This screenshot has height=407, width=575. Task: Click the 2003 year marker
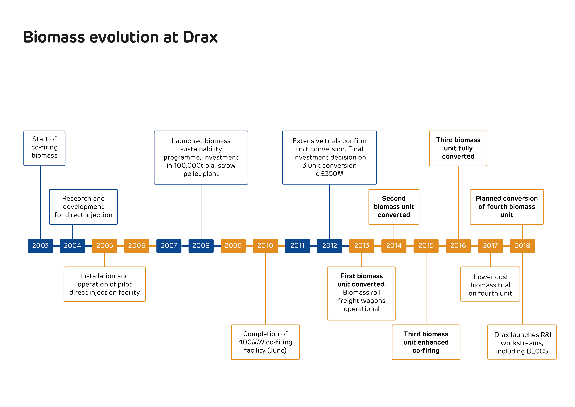point(40,246)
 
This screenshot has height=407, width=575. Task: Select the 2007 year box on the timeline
point(169,246)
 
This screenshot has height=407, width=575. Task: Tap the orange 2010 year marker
point(265,246)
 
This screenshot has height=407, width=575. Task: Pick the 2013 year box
point(362,246)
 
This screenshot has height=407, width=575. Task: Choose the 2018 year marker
point(522,246)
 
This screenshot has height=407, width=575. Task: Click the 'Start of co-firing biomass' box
point(44,148)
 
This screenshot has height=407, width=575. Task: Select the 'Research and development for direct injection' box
point(83,207)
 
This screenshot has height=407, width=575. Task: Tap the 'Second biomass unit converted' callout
point(394,207)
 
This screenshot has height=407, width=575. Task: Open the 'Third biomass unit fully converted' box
point(458,148)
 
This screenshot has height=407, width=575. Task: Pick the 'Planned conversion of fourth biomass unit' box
point(507,207)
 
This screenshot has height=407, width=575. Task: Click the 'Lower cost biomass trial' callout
point(490,285)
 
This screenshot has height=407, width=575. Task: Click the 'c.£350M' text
point(329,174)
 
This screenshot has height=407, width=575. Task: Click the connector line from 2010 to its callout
point(265,288)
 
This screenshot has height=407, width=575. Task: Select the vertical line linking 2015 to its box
point(426,288)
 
